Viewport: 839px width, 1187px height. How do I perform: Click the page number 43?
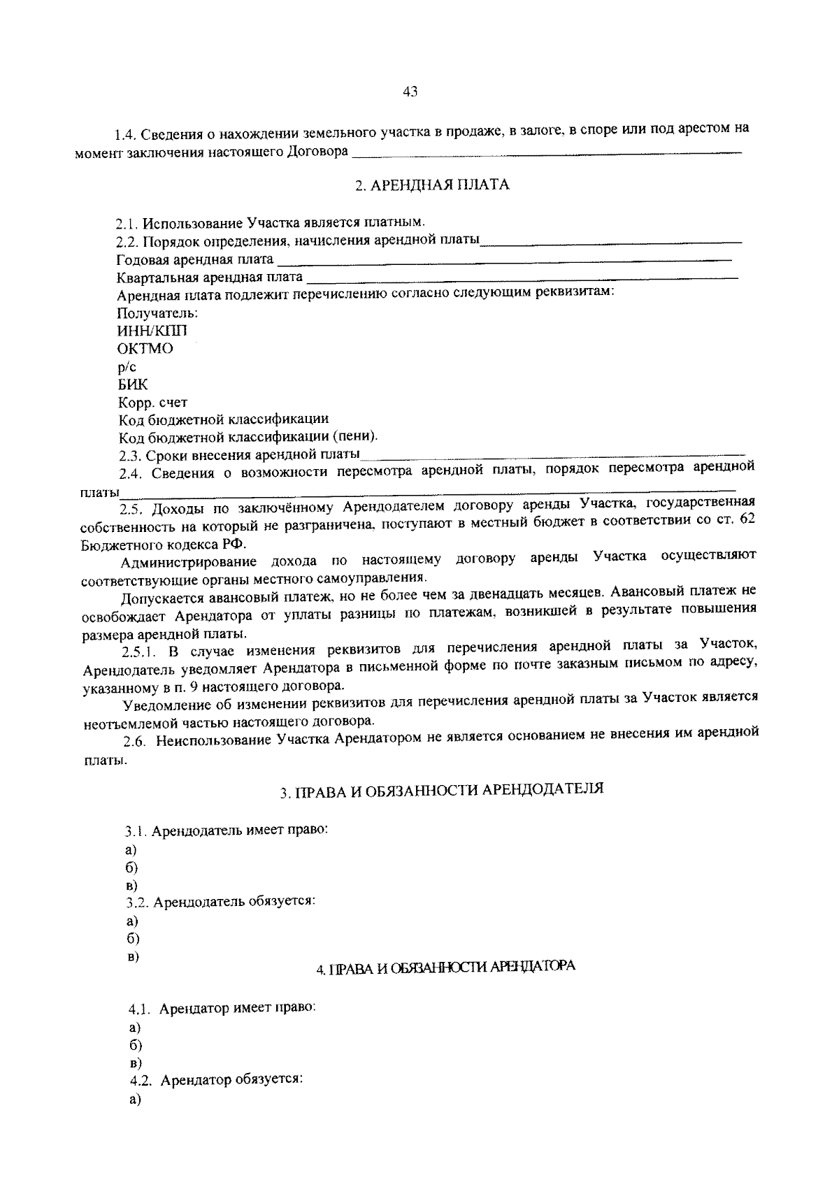[x=410, y=92]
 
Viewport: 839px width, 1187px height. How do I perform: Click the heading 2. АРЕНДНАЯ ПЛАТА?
[x=432, y=185]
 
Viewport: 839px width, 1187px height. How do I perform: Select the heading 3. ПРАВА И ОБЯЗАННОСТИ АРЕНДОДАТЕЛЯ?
[x=442, y=791]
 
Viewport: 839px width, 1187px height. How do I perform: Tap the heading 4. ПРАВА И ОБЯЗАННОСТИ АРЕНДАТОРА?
[x=445, y=967]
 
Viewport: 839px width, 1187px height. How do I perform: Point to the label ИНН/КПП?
[x=152, y=331]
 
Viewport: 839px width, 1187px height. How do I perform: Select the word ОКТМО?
[x=145, y=349]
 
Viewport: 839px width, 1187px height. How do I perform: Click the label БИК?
[x=133, y=384]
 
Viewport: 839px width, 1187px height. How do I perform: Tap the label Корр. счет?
[x=152, y=403]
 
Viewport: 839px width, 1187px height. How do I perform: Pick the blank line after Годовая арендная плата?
[x=503, y=262]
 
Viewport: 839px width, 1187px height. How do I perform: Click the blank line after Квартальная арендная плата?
[x=521, y=280]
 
